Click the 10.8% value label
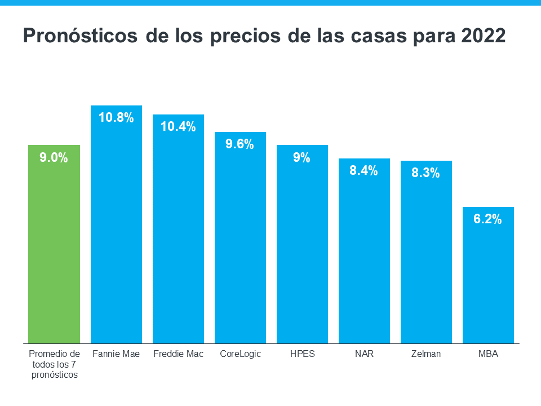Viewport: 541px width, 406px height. click(x=116, y=118)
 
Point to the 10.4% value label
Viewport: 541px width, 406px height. click(x=178, y=127)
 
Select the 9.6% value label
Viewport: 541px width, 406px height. click(x=240, y=144)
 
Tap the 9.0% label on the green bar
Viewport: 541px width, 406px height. click(x=54, y=158)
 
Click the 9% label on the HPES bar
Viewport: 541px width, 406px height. click(x=302, y=158)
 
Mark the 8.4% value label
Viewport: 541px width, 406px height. click(x=363, y=171)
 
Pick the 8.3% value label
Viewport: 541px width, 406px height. click(x=425, y=174)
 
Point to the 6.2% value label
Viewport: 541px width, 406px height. click(x=487, y=220)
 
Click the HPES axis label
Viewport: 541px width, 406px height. click(x=302, y=354)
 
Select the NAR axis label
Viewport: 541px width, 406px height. click(x=364, y=354)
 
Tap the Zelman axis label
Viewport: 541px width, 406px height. click(x=426, y=354)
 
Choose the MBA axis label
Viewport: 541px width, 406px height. click(x=488, y=354)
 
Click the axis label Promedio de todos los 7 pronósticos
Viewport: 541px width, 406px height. click(x=54, y=364)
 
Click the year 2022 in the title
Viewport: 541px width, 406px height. click(x=484, y=36)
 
